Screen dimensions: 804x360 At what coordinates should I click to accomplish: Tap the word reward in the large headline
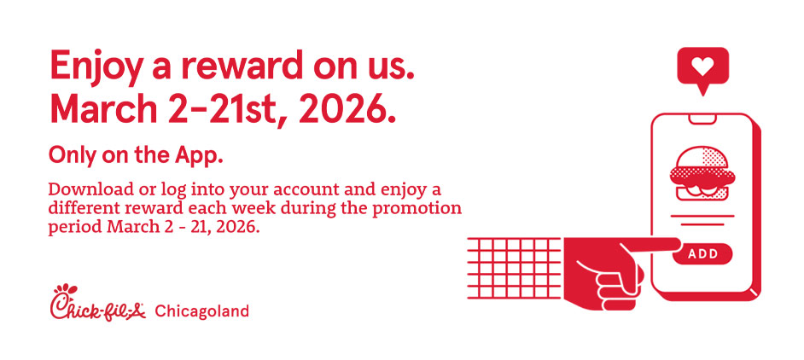[240, 65]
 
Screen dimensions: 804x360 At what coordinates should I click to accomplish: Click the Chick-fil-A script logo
[97, 303]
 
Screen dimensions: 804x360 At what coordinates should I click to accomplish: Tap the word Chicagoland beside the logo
[201, 311]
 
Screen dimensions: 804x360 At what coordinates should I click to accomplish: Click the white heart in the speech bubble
[702, 66]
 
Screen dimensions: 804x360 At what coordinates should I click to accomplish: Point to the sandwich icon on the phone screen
[702, 173]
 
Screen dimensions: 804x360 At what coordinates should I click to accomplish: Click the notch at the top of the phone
[702, 119]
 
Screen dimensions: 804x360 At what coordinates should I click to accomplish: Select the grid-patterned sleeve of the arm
[515, 268]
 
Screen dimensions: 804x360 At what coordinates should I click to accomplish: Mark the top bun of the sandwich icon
[702, 158]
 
